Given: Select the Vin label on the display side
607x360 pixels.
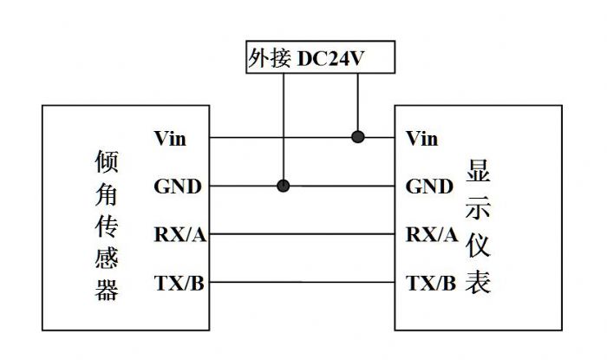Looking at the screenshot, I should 422,137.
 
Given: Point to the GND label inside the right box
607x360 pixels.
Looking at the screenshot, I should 429,186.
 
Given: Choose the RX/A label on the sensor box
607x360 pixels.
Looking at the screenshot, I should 179,234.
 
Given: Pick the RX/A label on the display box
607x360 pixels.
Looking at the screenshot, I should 432,234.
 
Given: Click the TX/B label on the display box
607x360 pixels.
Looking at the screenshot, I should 430,283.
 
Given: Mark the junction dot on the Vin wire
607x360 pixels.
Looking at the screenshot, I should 356,137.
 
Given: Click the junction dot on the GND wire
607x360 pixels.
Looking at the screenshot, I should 283,186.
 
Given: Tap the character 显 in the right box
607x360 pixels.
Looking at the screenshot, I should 480,171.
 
